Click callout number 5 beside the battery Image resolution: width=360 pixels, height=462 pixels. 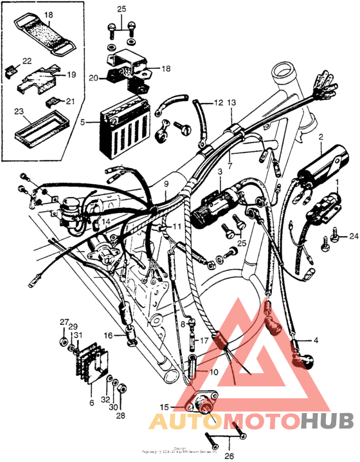83,120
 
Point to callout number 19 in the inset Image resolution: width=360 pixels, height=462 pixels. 71,75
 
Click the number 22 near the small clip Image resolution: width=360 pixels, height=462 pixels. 26,60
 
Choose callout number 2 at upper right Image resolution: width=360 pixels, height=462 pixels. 320,137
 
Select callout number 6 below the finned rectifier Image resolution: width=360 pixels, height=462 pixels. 91,402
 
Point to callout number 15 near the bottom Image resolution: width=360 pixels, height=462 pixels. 165,408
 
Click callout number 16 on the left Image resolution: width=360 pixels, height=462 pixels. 108,335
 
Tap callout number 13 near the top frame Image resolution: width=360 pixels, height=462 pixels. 231,102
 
